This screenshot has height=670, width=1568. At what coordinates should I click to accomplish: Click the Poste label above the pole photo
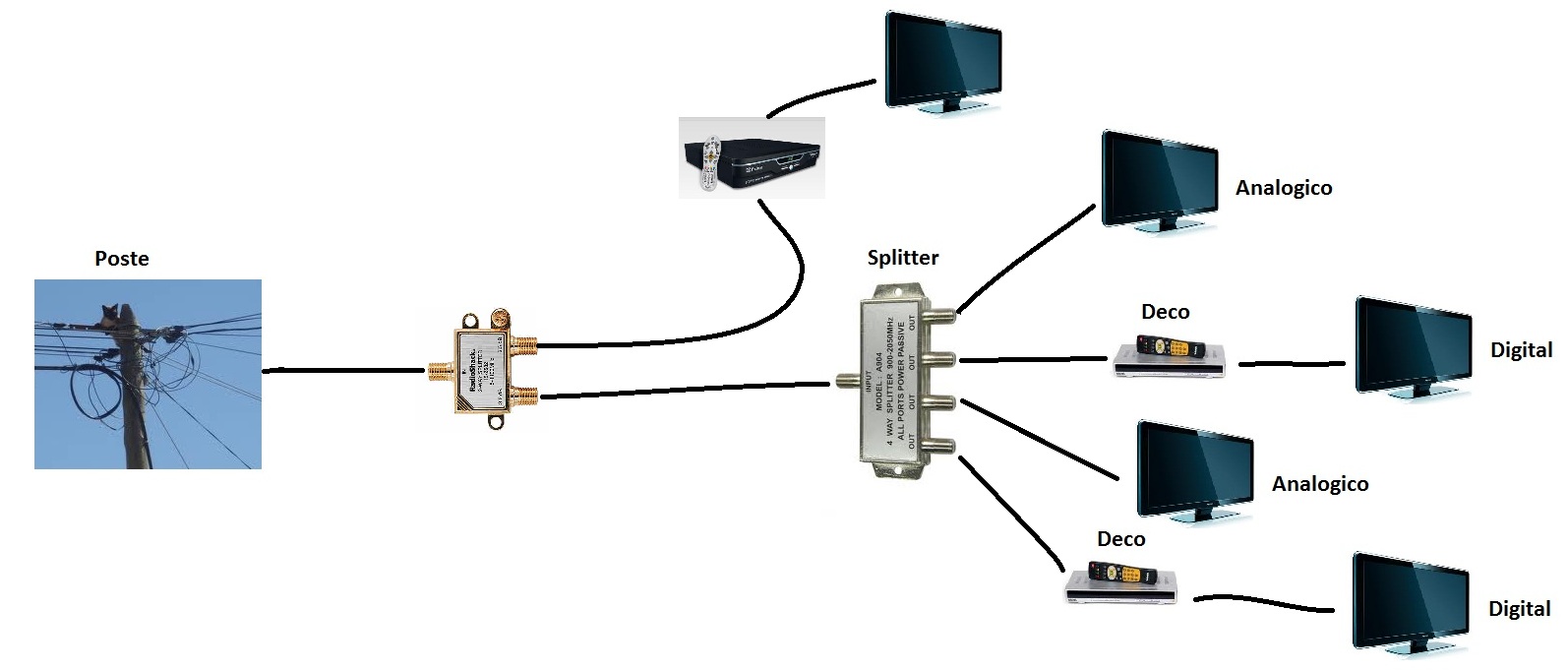point(122,259)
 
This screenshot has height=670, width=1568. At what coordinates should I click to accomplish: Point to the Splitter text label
point(902,258)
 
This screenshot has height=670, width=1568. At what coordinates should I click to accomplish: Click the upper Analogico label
point(1284,188)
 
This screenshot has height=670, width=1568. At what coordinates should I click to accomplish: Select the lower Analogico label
point(1320,484)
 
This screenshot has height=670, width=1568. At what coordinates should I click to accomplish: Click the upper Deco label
point(1165,312)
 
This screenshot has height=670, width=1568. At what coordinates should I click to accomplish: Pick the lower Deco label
point(1120,539)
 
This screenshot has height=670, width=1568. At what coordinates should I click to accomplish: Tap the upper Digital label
point(1521,350)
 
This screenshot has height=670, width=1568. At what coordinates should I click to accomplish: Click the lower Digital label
point(1519,609)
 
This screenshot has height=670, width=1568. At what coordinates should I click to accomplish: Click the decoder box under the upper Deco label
point(1171,359)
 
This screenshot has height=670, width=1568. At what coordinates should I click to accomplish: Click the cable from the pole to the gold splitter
point(344,371)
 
